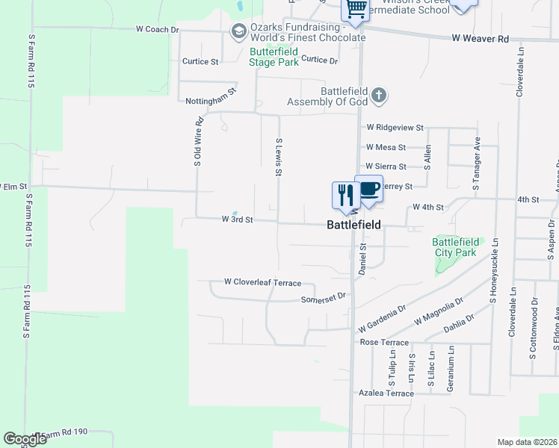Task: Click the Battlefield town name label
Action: [354, 224]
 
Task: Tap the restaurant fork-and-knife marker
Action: [345, 195]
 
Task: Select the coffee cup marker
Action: [368, 188]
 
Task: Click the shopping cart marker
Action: [356, 7]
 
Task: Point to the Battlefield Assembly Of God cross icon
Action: [380, 95]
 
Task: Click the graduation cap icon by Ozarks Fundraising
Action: [238, 31]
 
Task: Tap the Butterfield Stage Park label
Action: [274, 57]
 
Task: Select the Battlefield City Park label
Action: [455, 247]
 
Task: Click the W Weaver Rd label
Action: [480, 38]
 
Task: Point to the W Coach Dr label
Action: [158, 29]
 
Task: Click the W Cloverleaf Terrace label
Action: [262, 283]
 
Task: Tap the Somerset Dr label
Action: [324, 296]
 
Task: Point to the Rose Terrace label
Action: [384, 343]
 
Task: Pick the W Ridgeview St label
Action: [395, 128]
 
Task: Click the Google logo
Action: [25, 439]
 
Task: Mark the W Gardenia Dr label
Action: [381, 317]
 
